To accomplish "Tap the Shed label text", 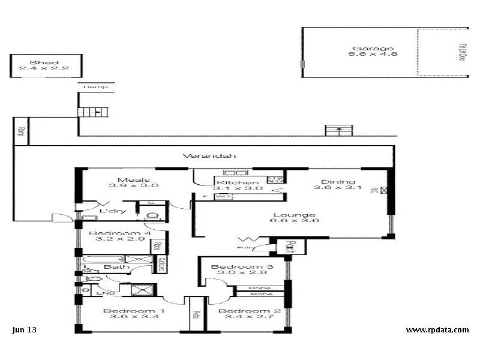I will tap(40, 62).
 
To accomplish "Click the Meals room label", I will tap(129, 180).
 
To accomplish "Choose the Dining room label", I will tap(338, 182).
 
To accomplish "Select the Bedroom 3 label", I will tap(237, 267).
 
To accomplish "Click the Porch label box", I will tap(290, 247).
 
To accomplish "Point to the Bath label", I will tap(116, 266).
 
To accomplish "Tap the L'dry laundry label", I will tap(112, 211).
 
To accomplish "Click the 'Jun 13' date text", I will tap(24, 329).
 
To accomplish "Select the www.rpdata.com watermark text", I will tap(437, 329).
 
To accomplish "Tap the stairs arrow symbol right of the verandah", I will tap(339, 130).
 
